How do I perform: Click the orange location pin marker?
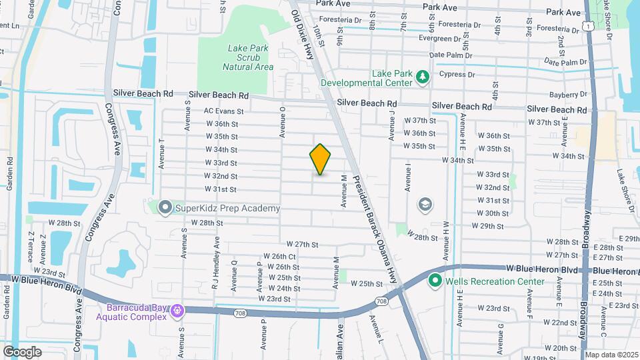[x=320, y=159]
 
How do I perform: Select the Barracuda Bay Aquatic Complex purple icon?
[x=177, y=311]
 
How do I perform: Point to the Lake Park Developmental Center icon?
[x=422, y=78]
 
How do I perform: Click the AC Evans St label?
[x=224, y=111]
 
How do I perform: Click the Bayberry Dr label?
[x=568, y=95]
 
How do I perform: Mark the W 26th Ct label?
[x=279, y=256]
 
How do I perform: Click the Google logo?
[x=22, y=351]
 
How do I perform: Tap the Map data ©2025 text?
[x=611, y=355]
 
